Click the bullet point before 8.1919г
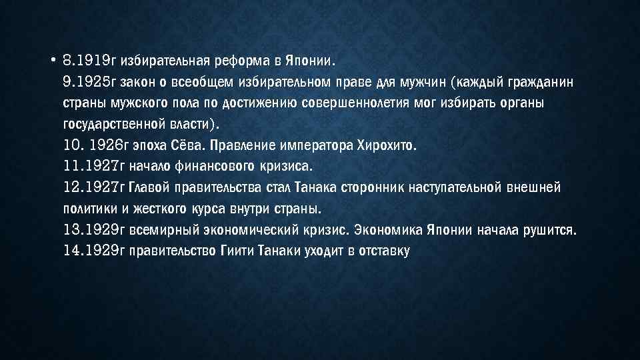(x=51, y=61)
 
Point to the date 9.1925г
(x=89, y=83)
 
